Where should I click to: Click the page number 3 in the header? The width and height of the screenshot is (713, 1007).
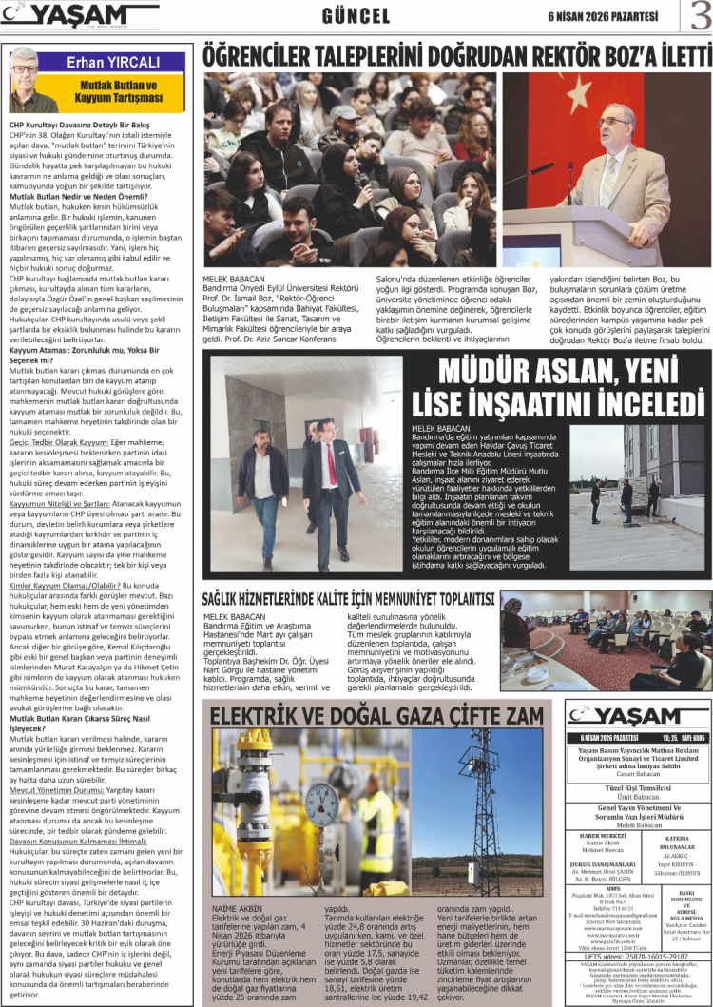click(x=699, y=17)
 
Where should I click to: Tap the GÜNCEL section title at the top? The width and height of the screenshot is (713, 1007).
click(x=356, y=16)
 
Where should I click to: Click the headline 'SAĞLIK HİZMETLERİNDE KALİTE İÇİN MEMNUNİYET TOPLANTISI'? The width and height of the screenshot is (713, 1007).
click(x=349, y=599)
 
